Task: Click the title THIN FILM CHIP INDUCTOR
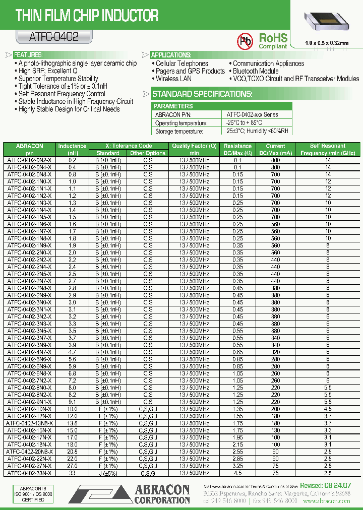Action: pyautogui.click(x=87, y=16)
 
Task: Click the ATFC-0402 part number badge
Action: pyautogui.click(x=47, y=37)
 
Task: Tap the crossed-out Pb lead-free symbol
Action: pyautogui.click(x=246, y=40)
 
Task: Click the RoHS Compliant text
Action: pyautogui.click(x=273, y=41)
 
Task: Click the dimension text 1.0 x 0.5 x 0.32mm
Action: pyautogui.click(x=327, y=43)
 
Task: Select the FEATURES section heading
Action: pyautogui.click(x=28, y=54)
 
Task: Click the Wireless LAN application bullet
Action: pyautogui.click(x=173, y=79)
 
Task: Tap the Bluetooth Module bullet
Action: pyautogui.click(x=255, y=71)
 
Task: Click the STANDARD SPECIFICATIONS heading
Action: pyautogui.click(x=202, y=94)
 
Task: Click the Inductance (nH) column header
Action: pyautogui.click(x=72, y=149)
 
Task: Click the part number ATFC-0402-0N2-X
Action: pyautogui.click(x=29, y=160)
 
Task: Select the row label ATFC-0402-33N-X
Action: pyautogui.click(x=29, y=473)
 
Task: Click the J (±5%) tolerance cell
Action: pyautogui.click(x=107, y=473)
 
